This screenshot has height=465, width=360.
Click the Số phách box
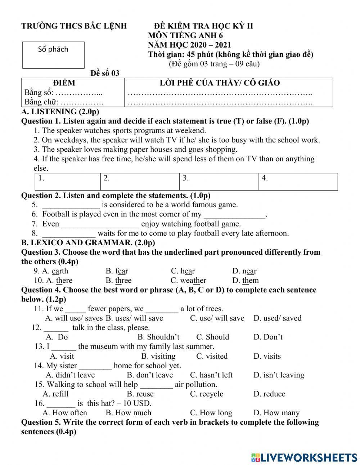point(53,55)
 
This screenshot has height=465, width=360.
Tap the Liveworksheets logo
point(304,457)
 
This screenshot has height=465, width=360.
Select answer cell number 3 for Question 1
point(219,182)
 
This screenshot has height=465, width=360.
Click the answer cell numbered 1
point(68,182)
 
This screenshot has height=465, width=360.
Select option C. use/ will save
point(217,318)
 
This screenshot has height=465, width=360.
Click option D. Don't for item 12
point(268,337)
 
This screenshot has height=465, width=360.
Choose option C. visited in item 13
point(212,356)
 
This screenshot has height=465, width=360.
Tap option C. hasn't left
point(211,375)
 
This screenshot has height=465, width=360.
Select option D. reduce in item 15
point(269,394)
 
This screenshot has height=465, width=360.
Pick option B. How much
point(128,413)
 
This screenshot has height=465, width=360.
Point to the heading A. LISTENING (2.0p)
point(60,112)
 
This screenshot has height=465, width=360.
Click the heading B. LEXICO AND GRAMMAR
point(88,243)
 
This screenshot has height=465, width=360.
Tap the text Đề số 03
point(105,73)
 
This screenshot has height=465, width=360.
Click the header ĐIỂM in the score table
point(64,83)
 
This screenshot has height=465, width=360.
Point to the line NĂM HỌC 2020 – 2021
point(189,45)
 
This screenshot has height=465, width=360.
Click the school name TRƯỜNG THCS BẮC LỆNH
point(74,26)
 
